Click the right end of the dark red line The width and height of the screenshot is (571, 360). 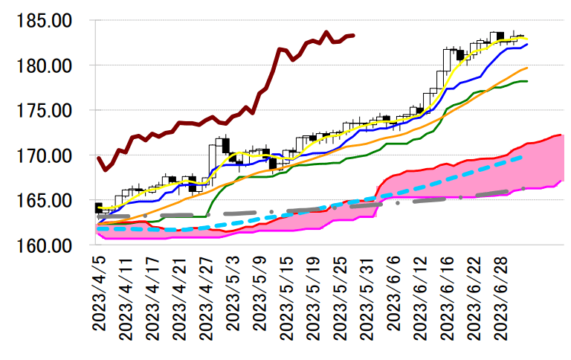(354, 35)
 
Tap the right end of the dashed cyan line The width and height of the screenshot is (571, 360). (523, 157)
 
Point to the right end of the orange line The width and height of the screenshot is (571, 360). (527, 68)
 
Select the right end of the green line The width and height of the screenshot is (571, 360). (527, 81)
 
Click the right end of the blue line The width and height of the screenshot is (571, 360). (527, 45)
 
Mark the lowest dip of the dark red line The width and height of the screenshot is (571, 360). (105, 170)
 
